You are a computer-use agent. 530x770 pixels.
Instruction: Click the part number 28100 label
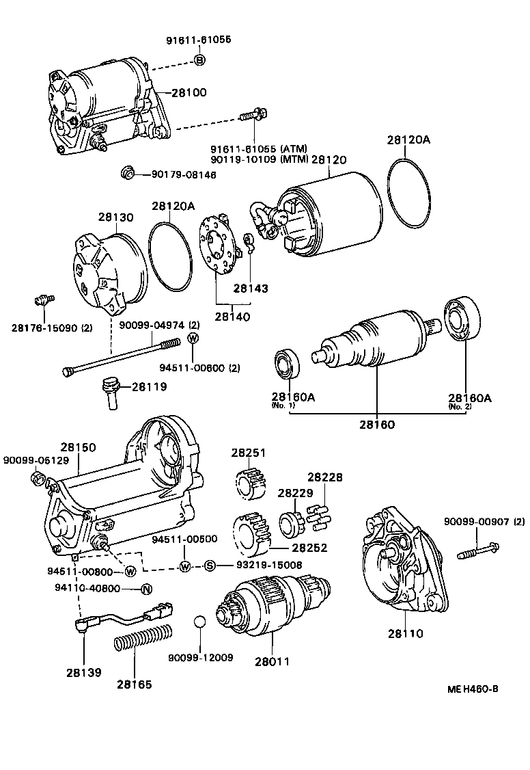tap(189, 92)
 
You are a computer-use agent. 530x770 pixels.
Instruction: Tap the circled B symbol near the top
tap(199, 60)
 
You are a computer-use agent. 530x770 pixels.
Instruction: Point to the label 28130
tap(115, 217)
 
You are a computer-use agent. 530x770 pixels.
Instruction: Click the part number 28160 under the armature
tap(378, 423)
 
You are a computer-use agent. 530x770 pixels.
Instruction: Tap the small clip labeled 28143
tap(250, 243)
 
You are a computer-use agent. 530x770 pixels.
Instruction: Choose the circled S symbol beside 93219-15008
tap(210, 565)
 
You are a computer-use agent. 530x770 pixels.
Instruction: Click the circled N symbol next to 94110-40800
tap(145, 589)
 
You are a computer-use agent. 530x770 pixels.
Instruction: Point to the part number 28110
tap(406, 633)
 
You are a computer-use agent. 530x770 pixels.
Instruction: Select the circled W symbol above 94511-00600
tap(193, 338)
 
